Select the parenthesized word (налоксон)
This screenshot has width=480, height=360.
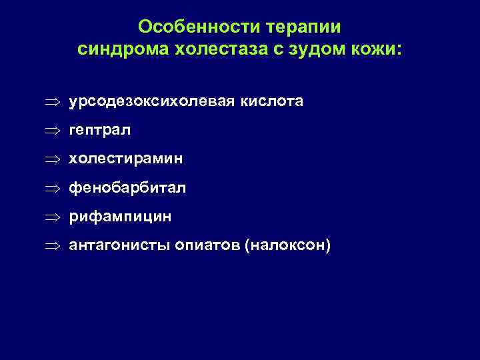pyautogui.click(x=287, y=246)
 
